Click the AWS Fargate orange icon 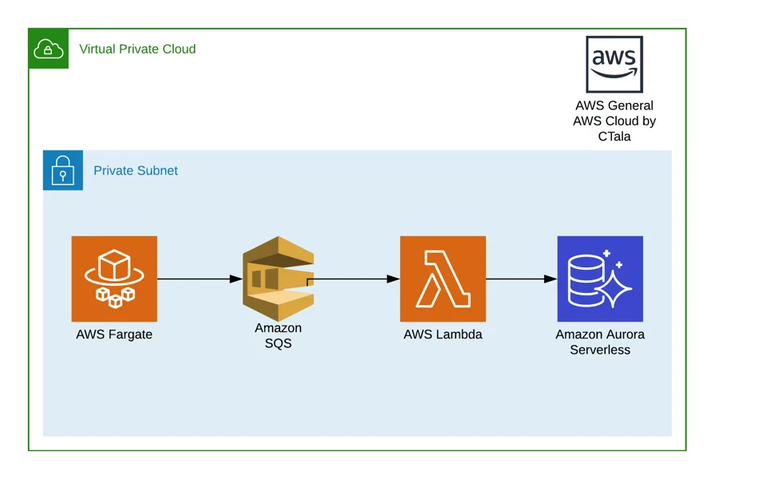114,279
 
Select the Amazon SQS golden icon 278,279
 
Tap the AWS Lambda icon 443,279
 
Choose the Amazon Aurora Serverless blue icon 600,279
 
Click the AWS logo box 614,64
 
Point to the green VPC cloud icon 49,49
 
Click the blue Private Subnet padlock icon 63,170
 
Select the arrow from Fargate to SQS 199,279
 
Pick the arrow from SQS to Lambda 353,279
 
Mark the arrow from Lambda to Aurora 522,279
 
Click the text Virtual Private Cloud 137,49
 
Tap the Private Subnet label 136,171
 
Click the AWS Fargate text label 114,335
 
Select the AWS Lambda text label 443,335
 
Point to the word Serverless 600,350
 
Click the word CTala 614,137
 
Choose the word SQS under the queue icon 278,343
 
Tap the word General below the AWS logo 630,105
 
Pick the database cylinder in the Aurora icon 586,281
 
